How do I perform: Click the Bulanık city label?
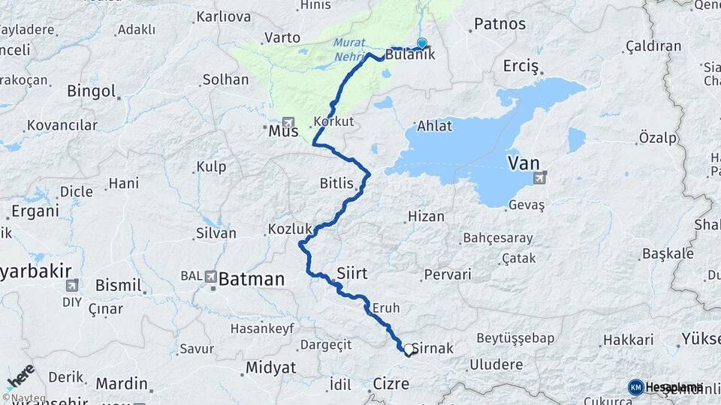[410, 55]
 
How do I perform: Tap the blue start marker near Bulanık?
[422, 43]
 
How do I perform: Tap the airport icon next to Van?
[539, 178]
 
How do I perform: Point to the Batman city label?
[252, 280]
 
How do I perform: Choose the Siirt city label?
[351, 273]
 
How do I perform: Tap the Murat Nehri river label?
[350, 49]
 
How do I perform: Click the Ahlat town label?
[434, 125]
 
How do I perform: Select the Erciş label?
[521, 67]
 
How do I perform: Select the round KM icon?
[635, 387]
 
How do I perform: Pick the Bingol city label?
[91, 91]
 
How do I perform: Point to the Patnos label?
[499, 24]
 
